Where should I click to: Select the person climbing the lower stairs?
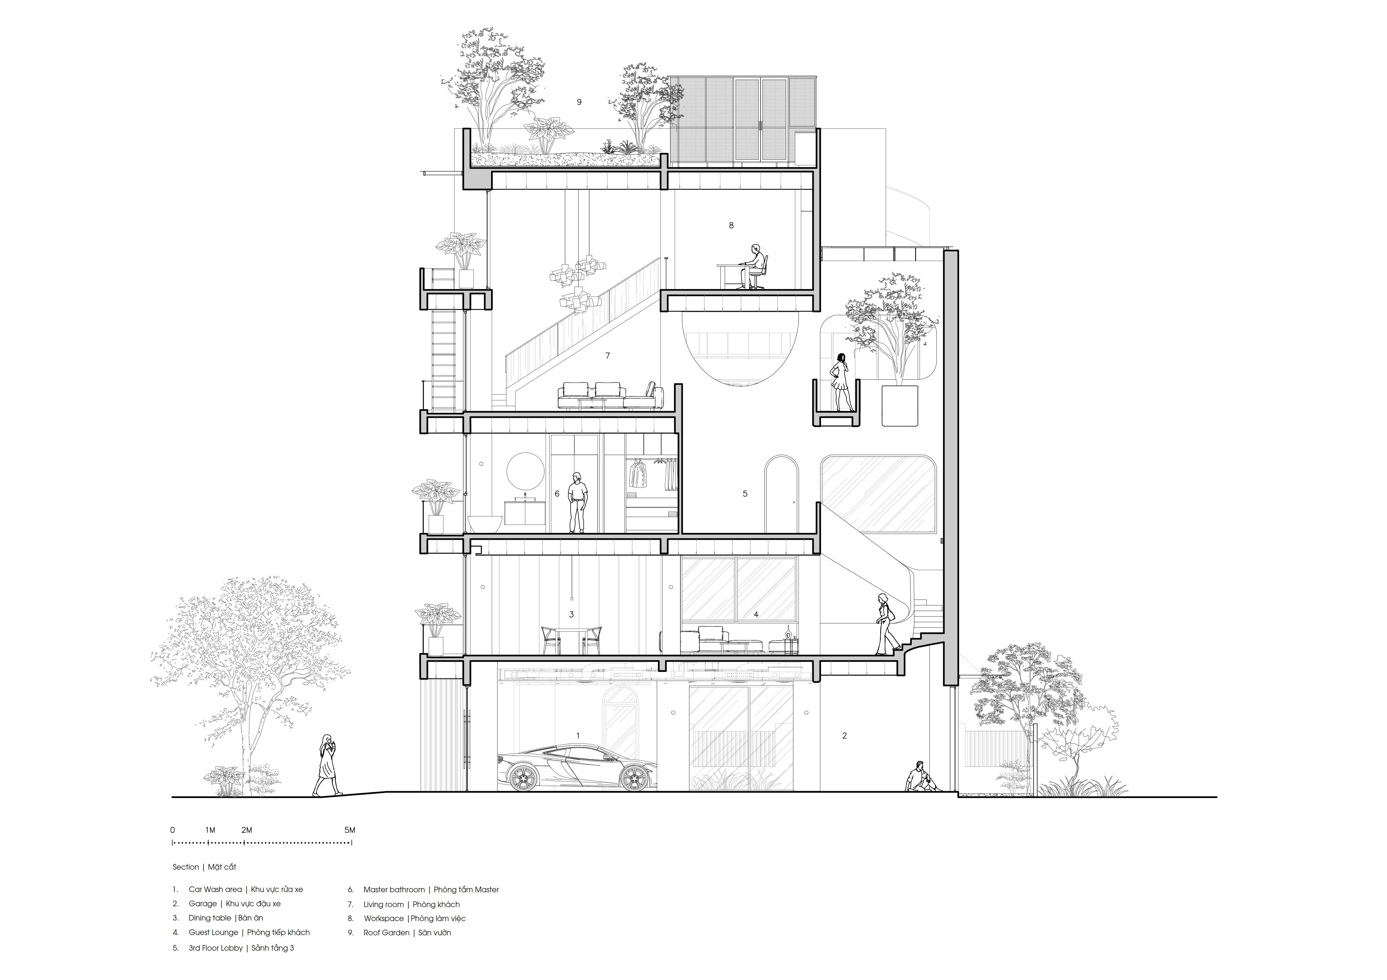pyautogui.click(x=885, y=624)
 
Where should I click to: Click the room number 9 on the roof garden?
pyautogui.click(x=579, y=102)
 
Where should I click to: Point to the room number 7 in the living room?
pyautogui.click(x=608, y=356)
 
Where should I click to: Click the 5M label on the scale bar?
pyautogui.click(x=350, y=830)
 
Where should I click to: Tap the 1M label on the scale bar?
pyautogui.click(x=210, y=830)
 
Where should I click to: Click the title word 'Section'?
pyautogui.click(x=185, y=867)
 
